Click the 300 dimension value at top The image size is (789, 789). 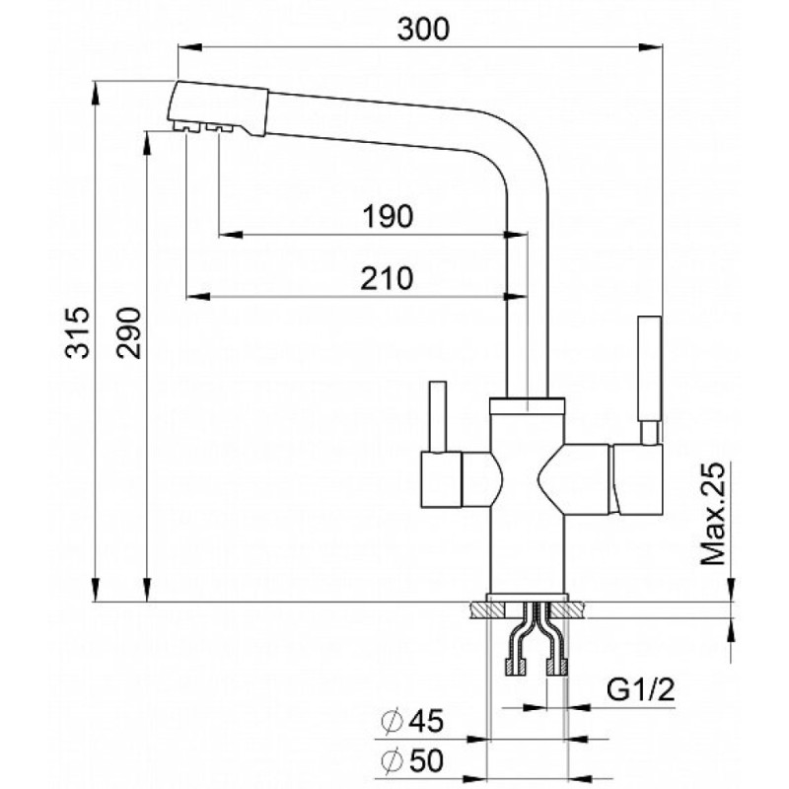(423, 30)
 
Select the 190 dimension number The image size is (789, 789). (388, 216)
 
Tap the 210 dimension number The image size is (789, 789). (387, 279)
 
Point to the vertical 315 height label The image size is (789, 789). (78, 332)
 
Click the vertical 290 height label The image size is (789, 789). (129, 332)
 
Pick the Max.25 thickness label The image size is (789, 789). (713, 513)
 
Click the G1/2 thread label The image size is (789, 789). (640, 689)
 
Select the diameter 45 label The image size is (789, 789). (412, 721)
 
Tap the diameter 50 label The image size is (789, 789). (412, 760)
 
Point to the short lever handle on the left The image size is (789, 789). (437, 417)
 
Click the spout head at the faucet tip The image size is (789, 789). (217, 108)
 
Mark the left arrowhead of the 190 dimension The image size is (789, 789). (231, 235)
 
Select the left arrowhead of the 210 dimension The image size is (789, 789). (198, 297)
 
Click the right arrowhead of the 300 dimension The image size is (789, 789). (651, 47)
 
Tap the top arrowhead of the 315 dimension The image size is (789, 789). (95, 93)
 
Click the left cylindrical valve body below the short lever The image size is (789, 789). (441, 479)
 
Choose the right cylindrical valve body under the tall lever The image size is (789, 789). (636, 479)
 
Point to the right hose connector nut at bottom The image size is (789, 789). (557, 668)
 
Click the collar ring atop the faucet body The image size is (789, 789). (527, 405)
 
